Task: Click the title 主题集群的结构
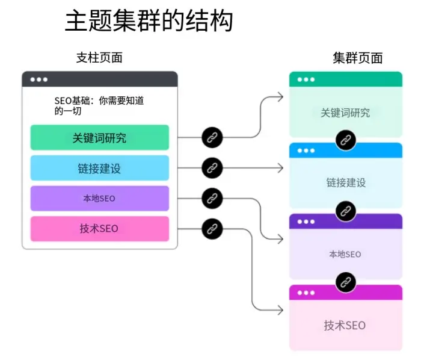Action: point(149,22)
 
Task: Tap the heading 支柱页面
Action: point(99,58)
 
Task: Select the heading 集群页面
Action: point(357,58)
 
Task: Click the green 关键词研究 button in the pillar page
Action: point(99,138)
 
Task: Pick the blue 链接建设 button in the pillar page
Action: point(99,169)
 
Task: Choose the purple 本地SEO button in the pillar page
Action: point(99,199)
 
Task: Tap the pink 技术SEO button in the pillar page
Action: point(99,229)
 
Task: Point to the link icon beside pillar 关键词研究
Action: point(212,138)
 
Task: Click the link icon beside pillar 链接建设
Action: point(212,168)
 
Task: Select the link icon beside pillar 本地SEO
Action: point(212,198)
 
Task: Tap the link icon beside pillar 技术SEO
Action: point(212,228)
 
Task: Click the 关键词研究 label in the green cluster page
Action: point(345,113)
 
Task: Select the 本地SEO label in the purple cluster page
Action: point(345,254)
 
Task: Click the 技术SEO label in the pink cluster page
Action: point(345,326)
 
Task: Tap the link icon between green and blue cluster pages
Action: point(345,140)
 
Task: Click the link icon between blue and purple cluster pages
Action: point(345,211)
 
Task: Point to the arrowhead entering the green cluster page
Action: point(280,96)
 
